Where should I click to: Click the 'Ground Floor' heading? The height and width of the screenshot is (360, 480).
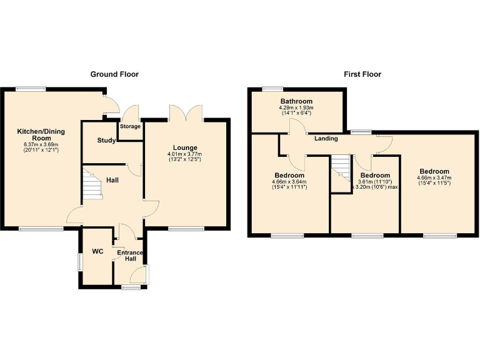tap(114, 74)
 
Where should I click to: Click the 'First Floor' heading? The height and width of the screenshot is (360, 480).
tap(362, 74)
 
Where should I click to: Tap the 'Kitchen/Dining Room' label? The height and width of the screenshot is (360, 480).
tap(41, 135)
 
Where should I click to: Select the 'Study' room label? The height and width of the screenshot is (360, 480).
tap(106, 141)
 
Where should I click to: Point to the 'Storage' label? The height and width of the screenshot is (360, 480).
tap(131, 127)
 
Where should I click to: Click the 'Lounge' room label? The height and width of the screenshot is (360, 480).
tap(186, 147)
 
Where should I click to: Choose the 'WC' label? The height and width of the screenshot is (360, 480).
tap(97, 251)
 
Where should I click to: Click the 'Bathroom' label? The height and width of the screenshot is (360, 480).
tap(296, 101)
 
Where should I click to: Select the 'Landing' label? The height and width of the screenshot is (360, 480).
tap(326, 139)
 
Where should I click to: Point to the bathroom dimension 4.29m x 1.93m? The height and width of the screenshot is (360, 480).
tap(296, 111)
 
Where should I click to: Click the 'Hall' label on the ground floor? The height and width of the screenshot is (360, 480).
tap(112, 180)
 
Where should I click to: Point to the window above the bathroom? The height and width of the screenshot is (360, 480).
tap(271, 88)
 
